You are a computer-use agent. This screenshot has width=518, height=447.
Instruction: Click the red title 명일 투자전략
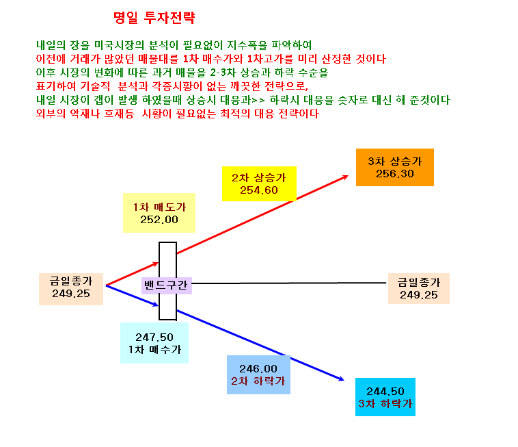pyautogui.click(x=154, y=18)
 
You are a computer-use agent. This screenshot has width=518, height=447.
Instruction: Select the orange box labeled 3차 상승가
pyautogui.click(x=395, y=168)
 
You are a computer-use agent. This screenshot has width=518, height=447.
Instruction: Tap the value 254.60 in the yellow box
pyautogui.click(x=259, y=190)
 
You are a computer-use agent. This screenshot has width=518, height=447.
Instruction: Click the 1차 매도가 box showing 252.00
pyautogui.click(x=159, y=213)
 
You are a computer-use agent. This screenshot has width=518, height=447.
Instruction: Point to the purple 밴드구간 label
pyautogui.click(x=167, y=285)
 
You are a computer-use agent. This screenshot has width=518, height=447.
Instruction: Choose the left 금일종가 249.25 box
pyautogui.click(x=71, y=289)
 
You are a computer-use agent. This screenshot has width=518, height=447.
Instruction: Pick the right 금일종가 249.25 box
pyautogui.click(x=419, y=288)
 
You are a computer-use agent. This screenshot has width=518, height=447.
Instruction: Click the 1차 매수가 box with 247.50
pyautogui.click(x=154, y=343)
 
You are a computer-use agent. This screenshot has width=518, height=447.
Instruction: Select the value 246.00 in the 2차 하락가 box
pyautogui.click(x=258, y=368)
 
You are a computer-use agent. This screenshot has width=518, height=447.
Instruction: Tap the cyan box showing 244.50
pyautogui.click(x=385, y=397)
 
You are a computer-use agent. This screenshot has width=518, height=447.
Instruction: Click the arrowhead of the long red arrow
pyautogui.click(x=346, y=177)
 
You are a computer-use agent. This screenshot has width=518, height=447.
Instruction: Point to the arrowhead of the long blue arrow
pyautogui.click(x=341, y=379)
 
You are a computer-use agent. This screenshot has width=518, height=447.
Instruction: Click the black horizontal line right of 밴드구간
pyautogui.click(x=289, y=283)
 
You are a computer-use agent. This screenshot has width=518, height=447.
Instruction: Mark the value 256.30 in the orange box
pyautogui.click(x=395, y=174)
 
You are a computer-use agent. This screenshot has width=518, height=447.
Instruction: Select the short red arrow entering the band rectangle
pyautogui.click(x=132, y=274)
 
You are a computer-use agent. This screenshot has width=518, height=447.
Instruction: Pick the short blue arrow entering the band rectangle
pyautogui.click(x=132, y=295)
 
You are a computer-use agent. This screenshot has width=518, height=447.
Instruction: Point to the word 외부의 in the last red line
pyautogui.click(x=51, y=114)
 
